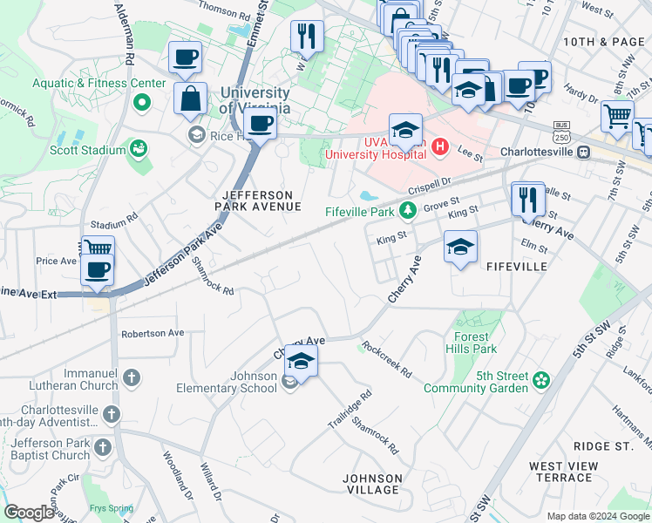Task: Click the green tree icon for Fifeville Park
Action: point(407,210)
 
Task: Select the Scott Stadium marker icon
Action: point(139,150)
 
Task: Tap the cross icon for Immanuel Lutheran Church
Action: point(131,378)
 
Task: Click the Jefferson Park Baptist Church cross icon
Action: point(102,448)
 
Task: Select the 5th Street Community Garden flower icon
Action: point(541,381)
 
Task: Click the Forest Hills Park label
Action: point(475,343)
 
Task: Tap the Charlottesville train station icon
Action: point(585,151)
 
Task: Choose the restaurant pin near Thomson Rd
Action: point(306,36)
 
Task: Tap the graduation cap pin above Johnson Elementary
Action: point(301,360)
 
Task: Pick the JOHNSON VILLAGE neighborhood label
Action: point(372,484)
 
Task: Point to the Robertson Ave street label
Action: point(153,333)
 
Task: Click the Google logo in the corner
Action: point(29,513)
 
